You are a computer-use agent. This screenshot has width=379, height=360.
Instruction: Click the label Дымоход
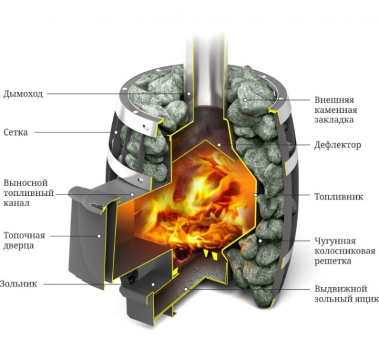tap(23, 94)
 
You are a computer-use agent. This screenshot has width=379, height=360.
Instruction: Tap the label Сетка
tap(16, 132)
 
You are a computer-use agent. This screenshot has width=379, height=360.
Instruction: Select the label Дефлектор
tap(338, 145)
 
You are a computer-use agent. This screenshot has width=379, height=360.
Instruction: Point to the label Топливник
tap(338, 196)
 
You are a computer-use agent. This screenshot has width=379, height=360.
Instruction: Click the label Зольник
tap(18, 283)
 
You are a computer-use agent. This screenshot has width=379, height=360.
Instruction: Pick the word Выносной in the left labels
tap(25, 183)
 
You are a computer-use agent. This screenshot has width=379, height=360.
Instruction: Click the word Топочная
tap(25, 235)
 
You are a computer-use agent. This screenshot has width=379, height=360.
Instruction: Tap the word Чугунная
tap(335, 241)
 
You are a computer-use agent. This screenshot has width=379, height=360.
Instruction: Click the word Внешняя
tap(334, 100)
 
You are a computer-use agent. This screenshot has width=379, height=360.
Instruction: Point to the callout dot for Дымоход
tap(189, 94)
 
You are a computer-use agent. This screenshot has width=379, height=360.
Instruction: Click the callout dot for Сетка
tap(116, 132)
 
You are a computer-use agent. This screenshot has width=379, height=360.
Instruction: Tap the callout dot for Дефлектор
tap(219, 145)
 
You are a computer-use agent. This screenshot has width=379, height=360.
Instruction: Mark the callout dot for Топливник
tap(255, 195)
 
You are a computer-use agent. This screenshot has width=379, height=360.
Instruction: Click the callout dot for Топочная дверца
tap(99, 236)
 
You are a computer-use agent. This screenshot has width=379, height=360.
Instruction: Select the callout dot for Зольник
tap(153, 285)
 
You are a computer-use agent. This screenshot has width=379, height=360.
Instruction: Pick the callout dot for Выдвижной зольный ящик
tap(186, 289)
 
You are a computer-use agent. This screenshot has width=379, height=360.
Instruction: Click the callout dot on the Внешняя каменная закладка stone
tap(245, 100)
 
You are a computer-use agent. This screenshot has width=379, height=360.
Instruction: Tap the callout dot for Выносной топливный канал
tap(132, 194)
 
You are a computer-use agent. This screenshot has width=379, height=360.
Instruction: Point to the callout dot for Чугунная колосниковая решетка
tap(260, 241)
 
